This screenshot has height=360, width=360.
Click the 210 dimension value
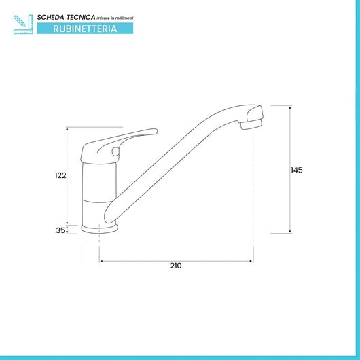click(x=176, y=266)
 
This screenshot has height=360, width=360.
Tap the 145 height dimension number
click(x=296, y=170)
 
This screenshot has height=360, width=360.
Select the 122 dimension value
click(x=60, y=175)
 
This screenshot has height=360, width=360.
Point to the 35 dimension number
click(x=60, y=230)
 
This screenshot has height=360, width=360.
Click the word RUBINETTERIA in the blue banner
click(x=85, y=29)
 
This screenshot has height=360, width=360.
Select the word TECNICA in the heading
click(x=81, y=17)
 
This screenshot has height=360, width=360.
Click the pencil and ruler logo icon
click(x=23, y=24)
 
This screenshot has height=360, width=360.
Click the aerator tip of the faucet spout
click(x=251, y=125)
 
